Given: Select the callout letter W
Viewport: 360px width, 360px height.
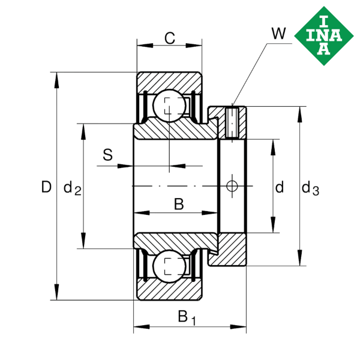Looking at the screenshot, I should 278,34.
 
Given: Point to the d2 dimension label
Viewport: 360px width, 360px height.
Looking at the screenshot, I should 72,189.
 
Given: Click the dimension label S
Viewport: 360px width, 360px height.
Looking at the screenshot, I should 107,155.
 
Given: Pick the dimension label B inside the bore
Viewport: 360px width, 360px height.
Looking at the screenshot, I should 178,204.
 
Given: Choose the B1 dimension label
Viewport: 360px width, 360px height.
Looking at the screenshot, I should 187,316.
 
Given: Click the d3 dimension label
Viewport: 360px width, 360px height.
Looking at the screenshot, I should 310,188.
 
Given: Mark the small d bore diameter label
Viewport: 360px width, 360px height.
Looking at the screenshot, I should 279,188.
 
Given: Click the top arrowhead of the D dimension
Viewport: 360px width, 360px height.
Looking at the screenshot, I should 56,77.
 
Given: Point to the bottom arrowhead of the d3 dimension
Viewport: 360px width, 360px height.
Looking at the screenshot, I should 300,259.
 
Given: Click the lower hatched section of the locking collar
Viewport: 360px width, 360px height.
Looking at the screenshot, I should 231,250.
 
